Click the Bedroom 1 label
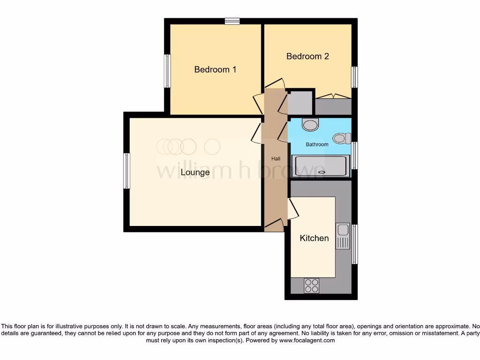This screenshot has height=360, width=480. click(x=215, y=69)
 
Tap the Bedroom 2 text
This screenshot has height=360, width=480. click(x=307, y=56)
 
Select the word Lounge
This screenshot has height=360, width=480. click(x=195, y=172)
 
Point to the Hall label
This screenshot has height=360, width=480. click(x=276, y=159)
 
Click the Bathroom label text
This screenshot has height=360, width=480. click(x=317, y=144)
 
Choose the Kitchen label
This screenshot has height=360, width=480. click(x=314, y=238)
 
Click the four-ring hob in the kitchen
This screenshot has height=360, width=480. click(x=311, y=285)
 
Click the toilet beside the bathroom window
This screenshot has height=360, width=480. click(x=342, y=138)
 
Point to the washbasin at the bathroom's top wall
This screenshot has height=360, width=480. click(x=310, y=125)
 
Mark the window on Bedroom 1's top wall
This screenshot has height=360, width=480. click(x=232, y=21)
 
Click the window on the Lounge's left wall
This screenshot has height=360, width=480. click(x=127, y=171)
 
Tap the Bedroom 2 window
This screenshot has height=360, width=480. click(x=355, y=77)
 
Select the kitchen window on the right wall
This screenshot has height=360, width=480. click(x=355, y=244)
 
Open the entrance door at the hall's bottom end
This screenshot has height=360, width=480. click(x=274, y=226)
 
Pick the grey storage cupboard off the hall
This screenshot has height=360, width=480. click(x=300, y=103)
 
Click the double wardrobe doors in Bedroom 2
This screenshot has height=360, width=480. click(x=333, y=97)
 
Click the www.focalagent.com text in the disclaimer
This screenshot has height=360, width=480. click(x=307, y=340)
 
